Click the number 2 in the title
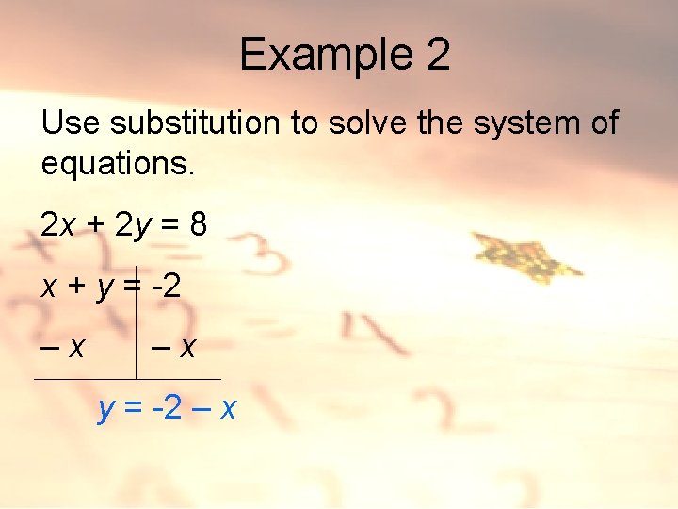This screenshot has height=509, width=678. pyautogui.click(x=438, y=55)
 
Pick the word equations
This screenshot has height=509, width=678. pyautogui.click(x=118, y=164)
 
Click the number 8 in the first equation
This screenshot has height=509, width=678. pyautogui.click(x=198, y=224)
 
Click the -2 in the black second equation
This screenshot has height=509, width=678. pyautogui.click(x=166, y=286)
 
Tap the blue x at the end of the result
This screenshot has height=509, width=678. pyautogui.click(x=227, y=410)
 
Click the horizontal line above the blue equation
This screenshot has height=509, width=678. pyautogui.click(x=127, y=379)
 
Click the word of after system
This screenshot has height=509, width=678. pyautogui.click(x=601, y=123)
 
